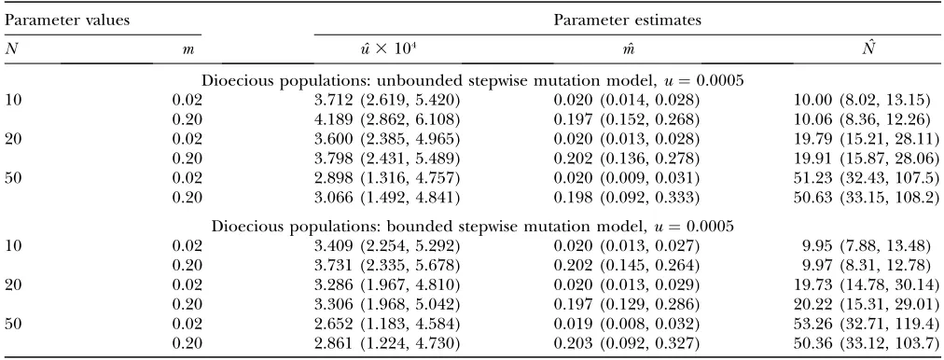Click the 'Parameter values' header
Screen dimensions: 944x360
click(67, 21)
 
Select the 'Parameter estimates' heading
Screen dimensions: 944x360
click(628, 21)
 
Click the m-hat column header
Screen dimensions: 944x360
click(627, 50)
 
